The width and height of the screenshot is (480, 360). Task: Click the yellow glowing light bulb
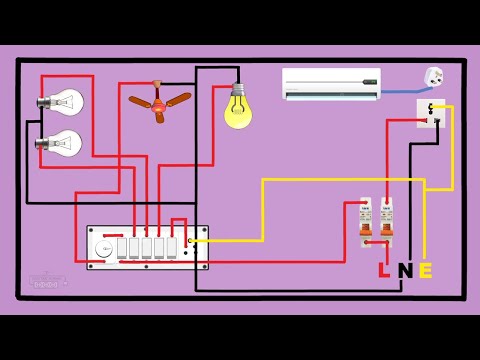point(238,112)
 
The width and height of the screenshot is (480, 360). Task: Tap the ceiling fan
point(159,103)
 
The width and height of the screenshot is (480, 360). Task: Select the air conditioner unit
point(331,84)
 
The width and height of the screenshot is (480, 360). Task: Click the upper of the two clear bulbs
point(62,101)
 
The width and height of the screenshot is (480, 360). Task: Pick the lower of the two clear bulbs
point(62,142)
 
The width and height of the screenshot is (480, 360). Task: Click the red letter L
point(384,270)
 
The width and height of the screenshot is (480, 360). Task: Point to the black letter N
point(404,270)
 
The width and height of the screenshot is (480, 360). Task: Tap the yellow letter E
point(425,270)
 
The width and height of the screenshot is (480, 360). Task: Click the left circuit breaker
point(366,221)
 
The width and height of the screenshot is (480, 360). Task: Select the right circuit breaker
point(385,221)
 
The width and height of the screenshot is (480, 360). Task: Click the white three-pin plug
point(433,77)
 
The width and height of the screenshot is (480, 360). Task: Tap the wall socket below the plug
point(430,112)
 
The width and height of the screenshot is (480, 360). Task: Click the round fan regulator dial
point(103,248)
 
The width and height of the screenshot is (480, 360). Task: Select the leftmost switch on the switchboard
point(122,247)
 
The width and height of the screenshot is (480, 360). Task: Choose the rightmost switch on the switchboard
point(171,247)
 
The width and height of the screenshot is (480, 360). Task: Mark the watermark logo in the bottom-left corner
point(46,281)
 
